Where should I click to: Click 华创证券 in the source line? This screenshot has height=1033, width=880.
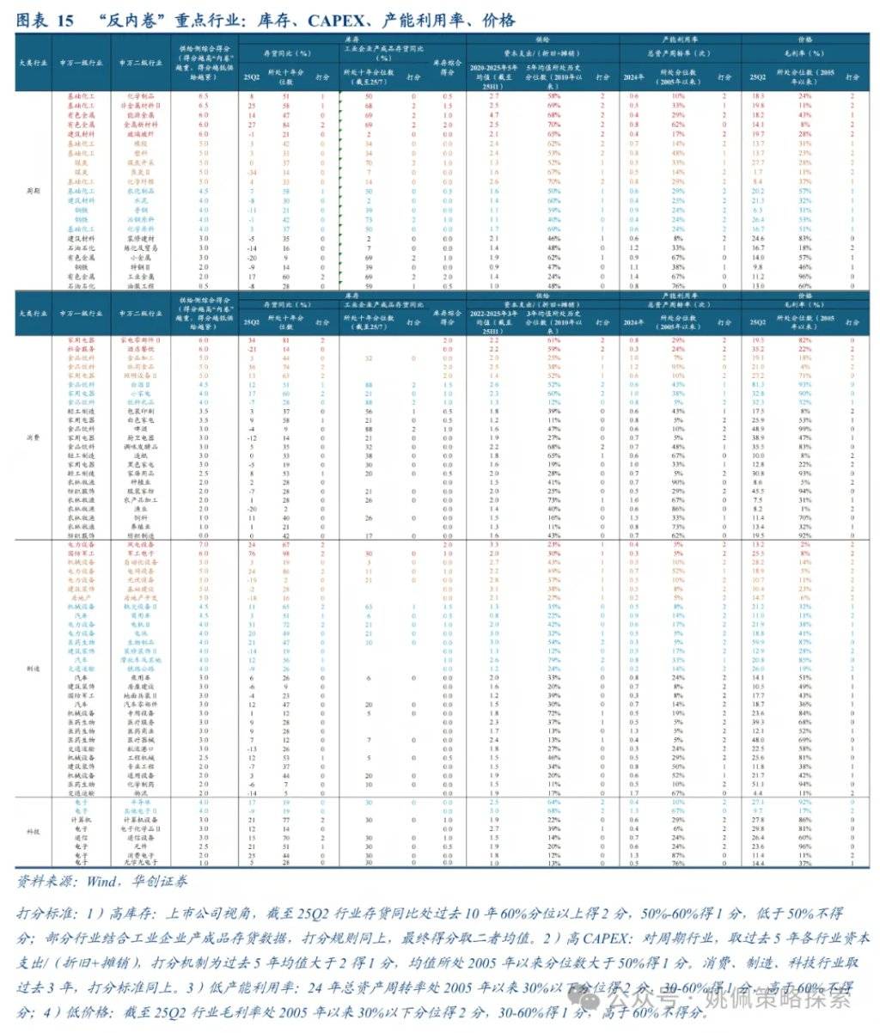pyautogui.click(x=151, y=882)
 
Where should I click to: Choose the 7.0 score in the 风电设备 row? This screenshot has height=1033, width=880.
pyautogui.click(x=203, y=545)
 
